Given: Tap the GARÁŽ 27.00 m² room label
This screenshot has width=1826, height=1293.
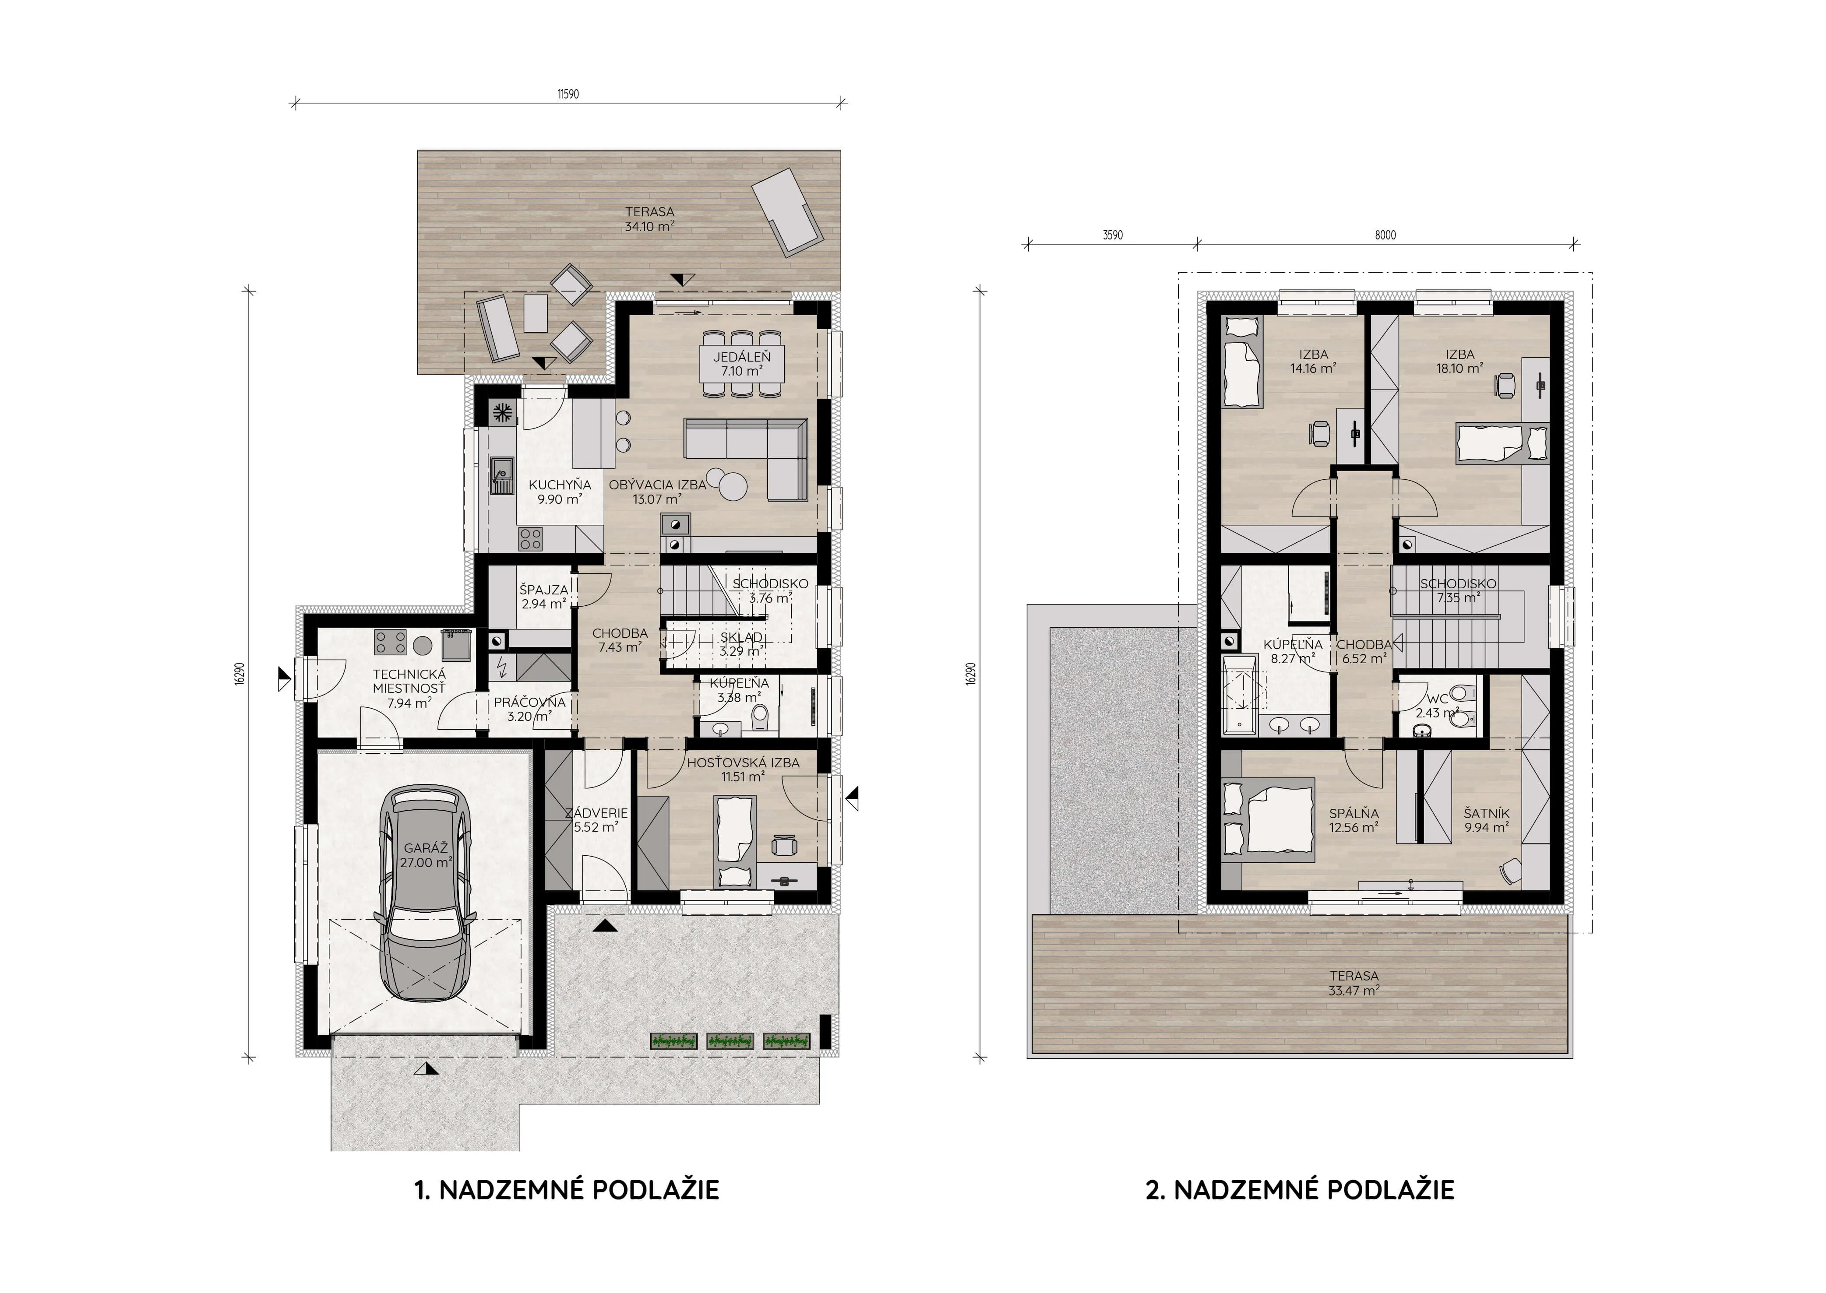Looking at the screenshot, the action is click(x=426, y=855).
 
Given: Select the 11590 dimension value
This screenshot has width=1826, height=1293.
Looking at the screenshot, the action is click(x=568, y=94).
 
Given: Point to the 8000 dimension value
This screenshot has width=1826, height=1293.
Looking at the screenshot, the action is click(x=1385, y=235).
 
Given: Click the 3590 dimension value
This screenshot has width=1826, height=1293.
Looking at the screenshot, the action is click(x=1113, y=235).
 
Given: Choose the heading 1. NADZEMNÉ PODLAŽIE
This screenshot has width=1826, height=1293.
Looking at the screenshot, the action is click(x=567, y=1190).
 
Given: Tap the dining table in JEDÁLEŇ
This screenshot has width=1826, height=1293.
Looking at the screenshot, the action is click(x=741, y=364).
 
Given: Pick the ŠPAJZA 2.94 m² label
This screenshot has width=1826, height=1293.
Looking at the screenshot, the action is click(x=544, y=596).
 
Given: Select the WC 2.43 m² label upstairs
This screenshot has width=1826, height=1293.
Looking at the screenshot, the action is click(x=1438, y=706).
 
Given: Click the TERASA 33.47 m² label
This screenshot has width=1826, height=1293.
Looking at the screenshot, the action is click(x=1354, y=983).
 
